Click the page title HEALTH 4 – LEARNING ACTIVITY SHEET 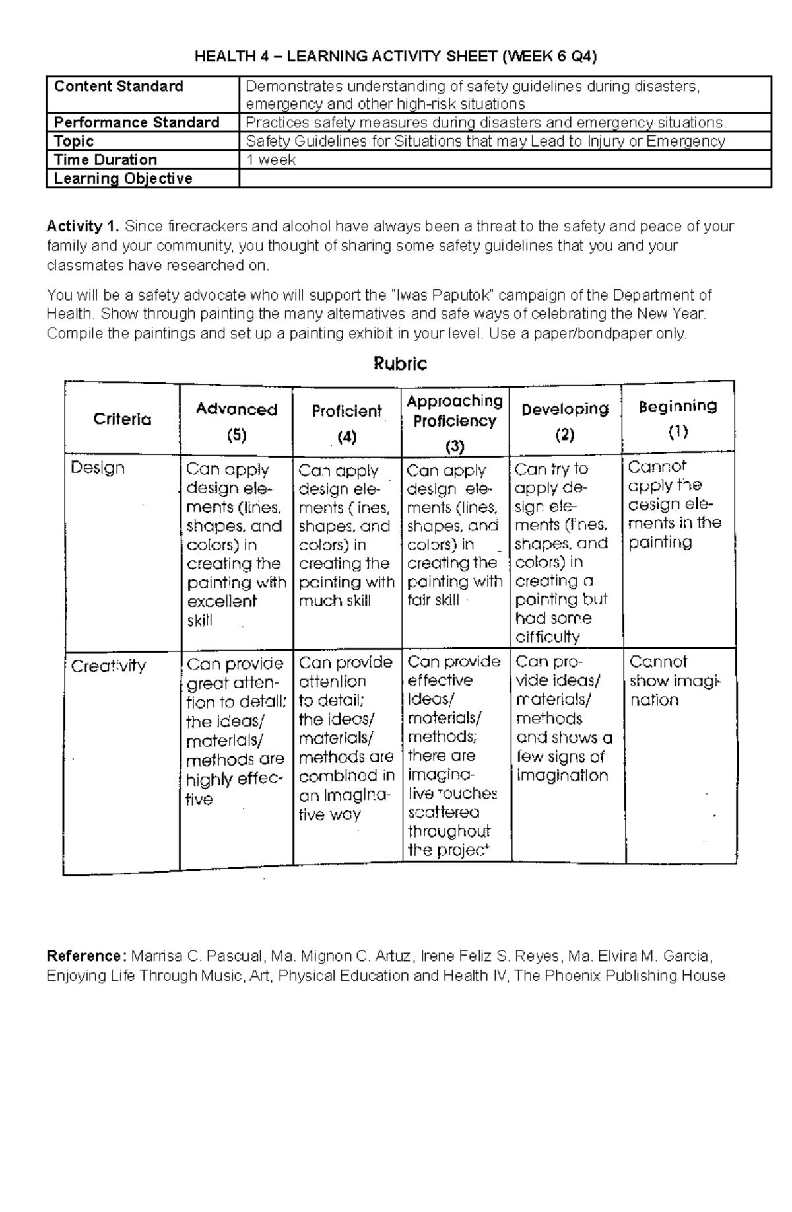[395, 57]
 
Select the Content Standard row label [119, 87]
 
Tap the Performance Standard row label [137, 123]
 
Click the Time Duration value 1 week [271, 160]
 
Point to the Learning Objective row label [123, 178]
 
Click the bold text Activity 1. [82, 227]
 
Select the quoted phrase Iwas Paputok [436, 295]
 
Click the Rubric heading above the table [400, 364]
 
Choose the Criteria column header [122, 419]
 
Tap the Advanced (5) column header [236, 421]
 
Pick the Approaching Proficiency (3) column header [455, 422]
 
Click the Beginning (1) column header [678, 418]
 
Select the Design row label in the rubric [98, 468]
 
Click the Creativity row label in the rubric [108, 666]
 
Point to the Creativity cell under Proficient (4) [346, 738]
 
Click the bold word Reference [83, 956]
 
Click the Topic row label [74, 141]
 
